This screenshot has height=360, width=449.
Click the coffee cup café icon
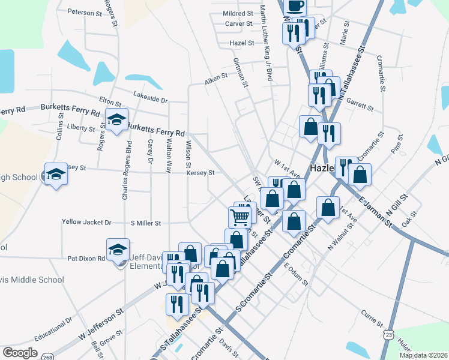point(294,6)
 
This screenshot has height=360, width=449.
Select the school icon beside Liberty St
point(116,119)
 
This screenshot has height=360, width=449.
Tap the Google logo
point(20,352)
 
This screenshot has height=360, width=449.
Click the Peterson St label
point(85,12)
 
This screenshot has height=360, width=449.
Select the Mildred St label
point(238,13)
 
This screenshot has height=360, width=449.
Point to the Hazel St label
point(243,43)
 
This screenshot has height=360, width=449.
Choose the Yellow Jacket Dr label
point(86,222)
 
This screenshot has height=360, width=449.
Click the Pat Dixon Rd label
point(86,259)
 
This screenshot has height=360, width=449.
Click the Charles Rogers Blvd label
point(127,171)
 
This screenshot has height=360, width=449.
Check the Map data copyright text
point(423,355)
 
